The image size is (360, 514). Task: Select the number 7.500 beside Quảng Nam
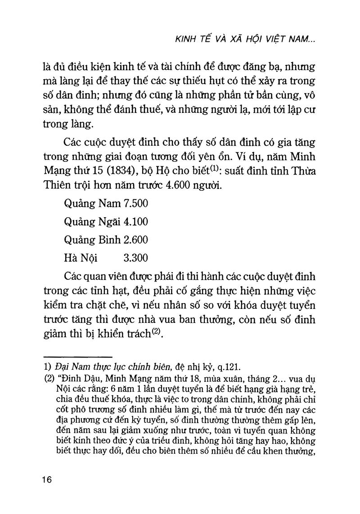click(x=135, y=204)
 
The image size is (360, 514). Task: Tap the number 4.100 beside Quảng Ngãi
click(x=135, y=222)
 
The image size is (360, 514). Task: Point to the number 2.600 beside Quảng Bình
click(x=135, y=240)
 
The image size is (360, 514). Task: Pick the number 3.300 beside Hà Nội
click(x=135, y=258)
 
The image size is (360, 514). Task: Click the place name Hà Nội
click(x=81, y=258)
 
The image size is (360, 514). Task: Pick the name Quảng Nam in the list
click(x=92, y=204)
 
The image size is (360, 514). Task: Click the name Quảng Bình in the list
click(x=92, y=240)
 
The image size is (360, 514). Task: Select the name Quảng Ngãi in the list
click(x=92, y=222)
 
